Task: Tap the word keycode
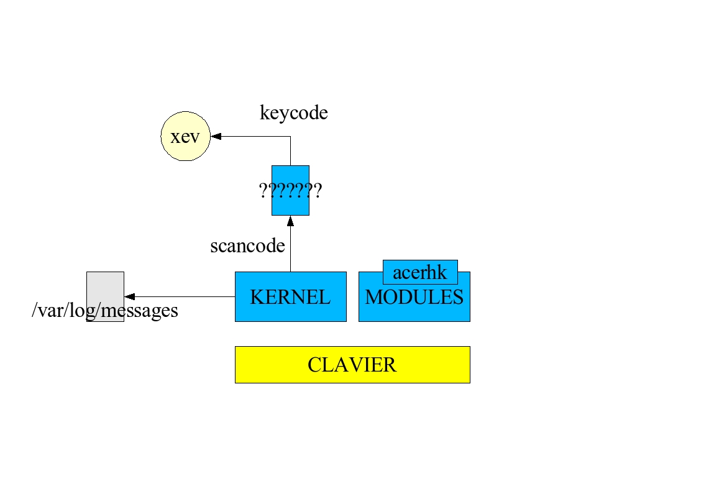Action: click(293, 113)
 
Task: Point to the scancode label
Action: click(247, 246)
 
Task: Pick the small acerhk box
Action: click(420, 272)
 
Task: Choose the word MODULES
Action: click(414, 298)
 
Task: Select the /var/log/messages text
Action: click(104, 310)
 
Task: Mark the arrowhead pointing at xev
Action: click(215, 136)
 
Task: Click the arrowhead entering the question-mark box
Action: click(290, 220)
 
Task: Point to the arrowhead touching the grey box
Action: click(129, 296)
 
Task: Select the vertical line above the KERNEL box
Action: click(290, 249)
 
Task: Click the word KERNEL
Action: click(290, 297)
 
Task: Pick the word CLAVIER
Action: click(352, 365)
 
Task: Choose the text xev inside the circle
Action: click(185, 137)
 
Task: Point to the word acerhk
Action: click(420, 273)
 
